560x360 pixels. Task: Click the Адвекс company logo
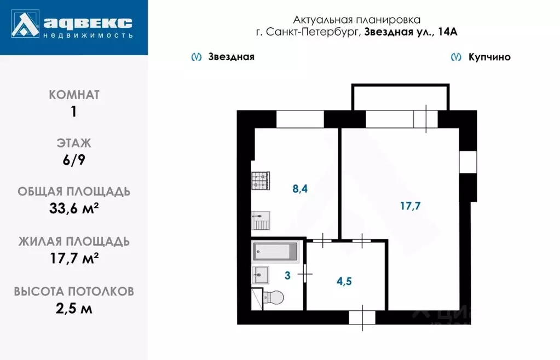click(x=74, y=26)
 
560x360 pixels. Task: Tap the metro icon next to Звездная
click(x=195, y=57)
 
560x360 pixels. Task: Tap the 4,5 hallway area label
click(x=344, y=282)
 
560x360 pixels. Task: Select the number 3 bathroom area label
click(x=287, y=275)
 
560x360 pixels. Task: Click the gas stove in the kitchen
click(x=261, y=181)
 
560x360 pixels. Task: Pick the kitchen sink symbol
click(x=260, y=221)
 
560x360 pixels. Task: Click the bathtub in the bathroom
click(x=275, y=252)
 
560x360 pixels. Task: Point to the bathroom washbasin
click(x=260, y=274)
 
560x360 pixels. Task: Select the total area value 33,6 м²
click(x=74, y=210)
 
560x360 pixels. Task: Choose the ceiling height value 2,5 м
click(x=74, y=309)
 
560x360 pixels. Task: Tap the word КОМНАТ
click(x=74, y=95)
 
